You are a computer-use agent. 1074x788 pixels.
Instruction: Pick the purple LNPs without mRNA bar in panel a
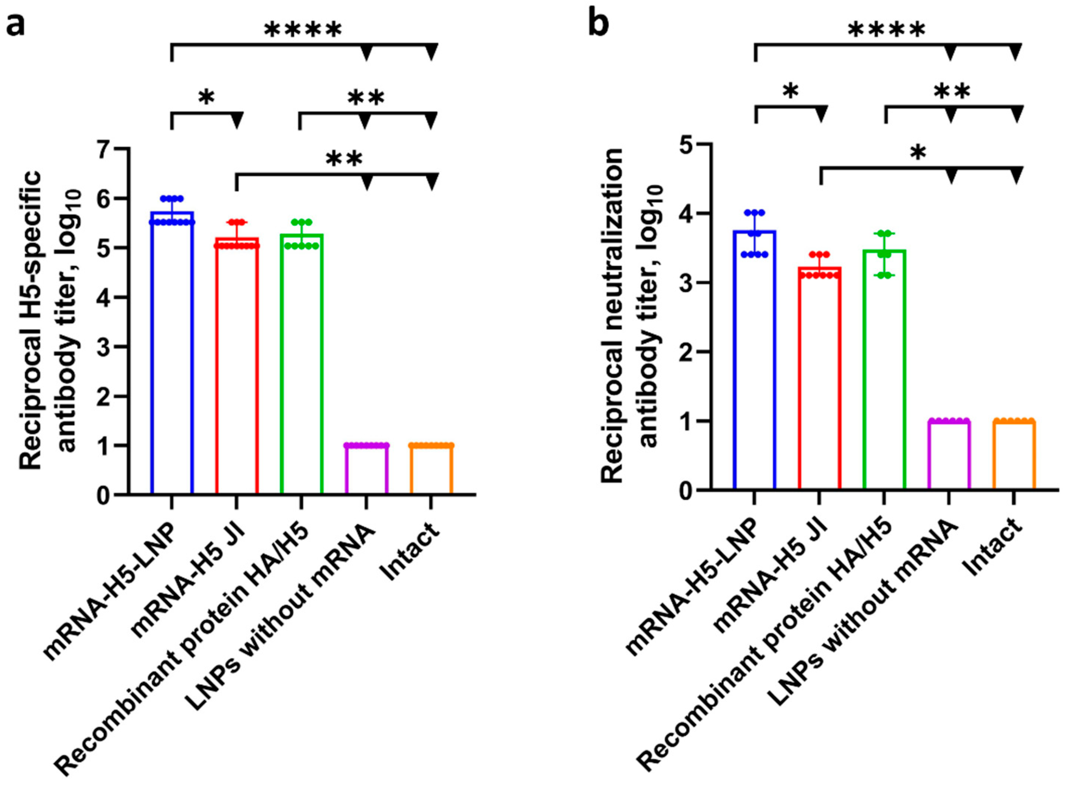pos(366,470)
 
